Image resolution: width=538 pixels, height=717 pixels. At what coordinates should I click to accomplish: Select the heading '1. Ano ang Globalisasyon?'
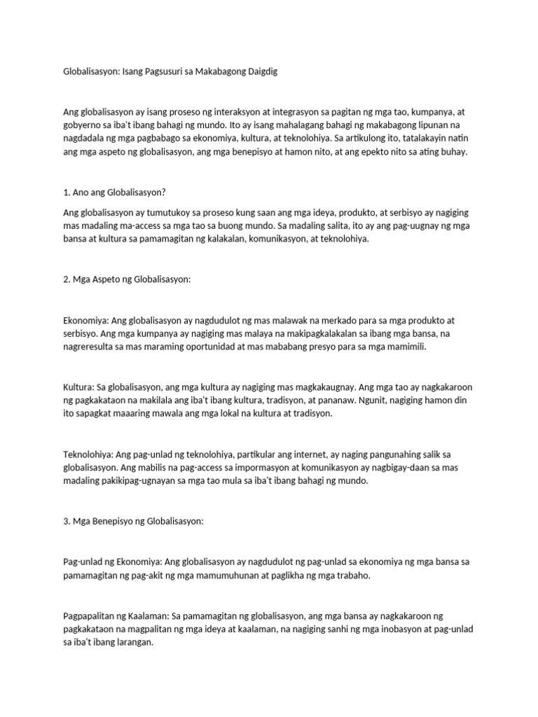pyautogui.click(x=118, y=193)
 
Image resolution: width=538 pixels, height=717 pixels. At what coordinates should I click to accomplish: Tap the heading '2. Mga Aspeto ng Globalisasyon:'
pyautogui.click(x=127, y=279)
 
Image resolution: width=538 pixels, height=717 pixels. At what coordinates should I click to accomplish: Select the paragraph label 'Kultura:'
pyautogui.click(x=79, y=387)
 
